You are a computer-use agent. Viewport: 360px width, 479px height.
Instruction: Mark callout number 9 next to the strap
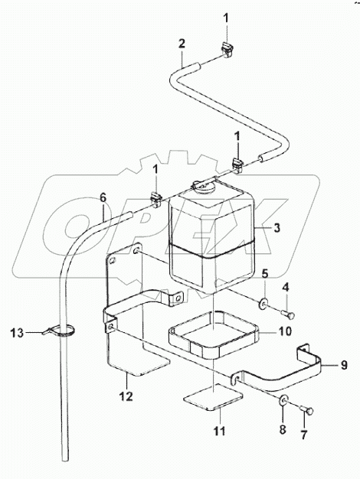tap(324, 366)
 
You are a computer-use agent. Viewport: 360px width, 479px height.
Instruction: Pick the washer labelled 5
tap(263, 305)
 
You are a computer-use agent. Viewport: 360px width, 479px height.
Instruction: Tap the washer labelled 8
tap(284, 401)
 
